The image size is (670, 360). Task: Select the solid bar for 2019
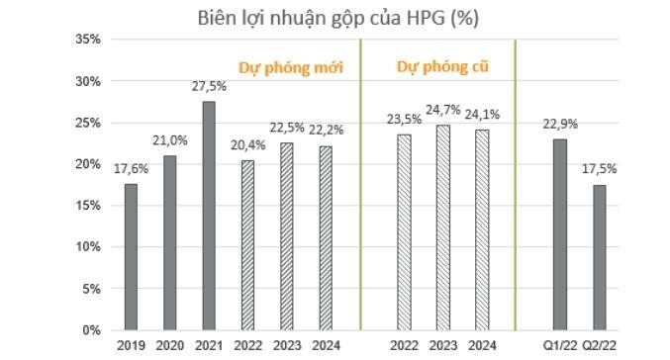coord(131,256)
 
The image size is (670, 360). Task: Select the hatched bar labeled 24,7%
coord(442,227)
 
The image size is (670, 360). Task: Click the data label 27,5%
coord(208,87)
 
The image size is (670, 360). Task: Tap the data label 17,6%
coord(131,169)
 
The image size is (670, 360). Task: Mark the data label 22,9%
coord(559,125)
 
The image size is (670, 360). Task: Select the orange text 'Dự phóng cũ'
coord(442,66)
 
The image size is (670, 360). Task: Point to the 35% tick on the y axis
coord(88,40)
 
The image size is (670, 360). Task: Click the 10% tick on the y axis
coord(88,247)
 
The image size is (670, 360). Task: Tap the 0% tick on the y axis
coord(91,330)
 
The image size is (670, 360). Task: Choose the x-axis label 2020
coord(169,345)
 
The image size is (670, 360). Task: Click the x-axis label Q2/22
coord(598,345)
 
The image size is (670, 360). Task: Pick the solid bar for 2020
coord(169,242)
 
